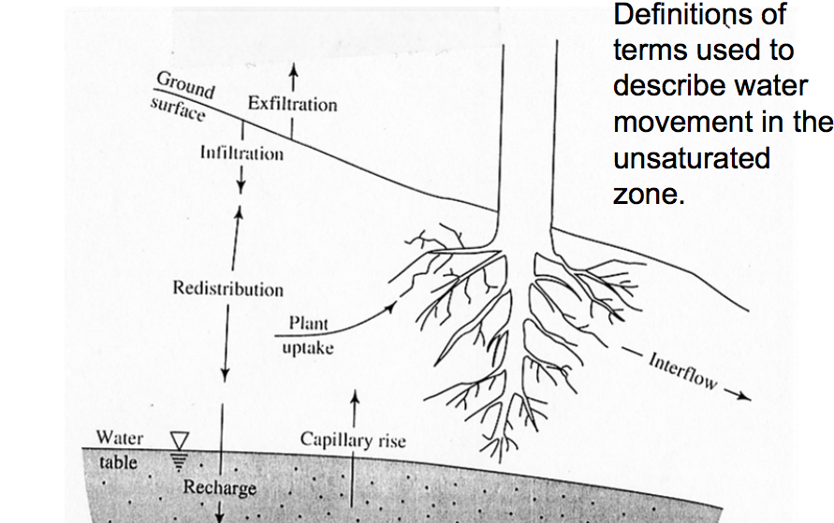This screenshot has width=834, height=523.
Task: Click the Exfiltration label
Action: (292, 104)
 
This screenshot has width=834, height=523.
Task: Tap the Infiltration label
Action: (241, 153)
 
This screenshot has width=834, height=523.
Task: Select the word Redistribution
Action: (227, 288)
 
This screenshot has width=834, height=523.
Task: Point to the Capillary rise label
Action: (353, 440)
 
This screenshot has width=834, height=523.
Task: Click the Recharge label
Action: (219, 487)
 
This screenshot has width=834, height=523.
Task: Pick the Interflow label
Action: (681, 371)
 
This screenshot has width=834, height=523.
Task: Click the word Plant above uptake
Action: (308, 324)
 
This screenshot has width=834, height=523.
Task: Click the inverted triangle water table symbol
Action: (180, 439)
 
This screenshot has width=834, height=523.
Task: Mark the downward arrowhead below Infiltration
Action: (241, 186)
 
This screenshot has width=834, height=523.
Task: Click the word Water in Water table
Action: (119, 439)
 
